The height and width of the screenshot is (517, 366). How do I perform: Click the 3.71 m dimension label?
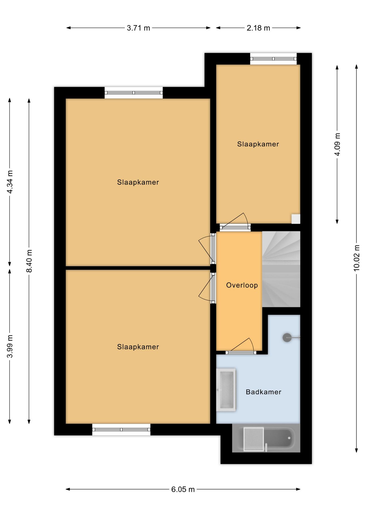point(138,28)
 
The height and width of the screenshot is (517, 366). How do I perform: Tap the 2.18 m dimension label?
point(258,28)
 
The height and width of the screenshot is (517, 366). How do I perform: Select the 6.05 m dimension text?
point(183,489)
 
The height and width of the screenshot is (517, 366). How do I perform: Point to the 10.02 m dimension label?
point(357,258)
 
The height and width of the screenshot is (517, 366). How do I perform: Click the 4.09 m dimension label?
point(337,144)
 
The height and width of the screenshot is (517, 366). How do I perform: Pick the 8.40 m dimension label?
point(29,261)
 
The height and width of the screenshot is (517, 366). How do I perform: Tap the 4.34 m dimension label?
point(10,182)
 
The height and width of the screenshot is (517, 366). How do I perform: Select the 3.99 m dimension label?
point(10,346)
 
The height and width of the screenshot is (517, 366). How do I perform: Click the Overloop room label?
point(242,285)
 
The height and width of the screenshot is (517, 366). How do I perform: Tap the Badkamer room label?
point(263,392)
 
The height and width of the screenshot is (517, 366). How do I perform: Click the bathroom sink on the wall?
point(226,390)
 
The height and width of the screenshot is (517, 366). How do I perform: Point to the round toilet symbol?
point(287,337)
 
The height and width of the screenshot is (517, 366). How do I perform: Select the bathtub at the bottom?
point(266,439)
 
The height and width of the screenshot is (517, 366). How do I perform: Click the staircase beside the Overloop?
point(281,269)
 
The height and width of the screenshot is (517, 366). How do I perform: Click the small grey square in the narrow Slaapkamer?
point(296,219)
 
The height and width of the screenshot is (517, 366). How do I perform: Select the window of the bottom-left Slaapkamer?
point(121,429)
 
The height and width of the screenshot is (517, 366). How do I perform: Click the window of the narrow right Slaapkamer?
point(273,59)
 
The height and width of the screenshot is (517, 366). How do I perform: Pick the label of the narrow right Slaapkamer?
point(258,144)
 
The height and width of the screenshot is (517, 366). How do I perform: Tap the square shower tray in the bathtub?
point(254,439)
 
